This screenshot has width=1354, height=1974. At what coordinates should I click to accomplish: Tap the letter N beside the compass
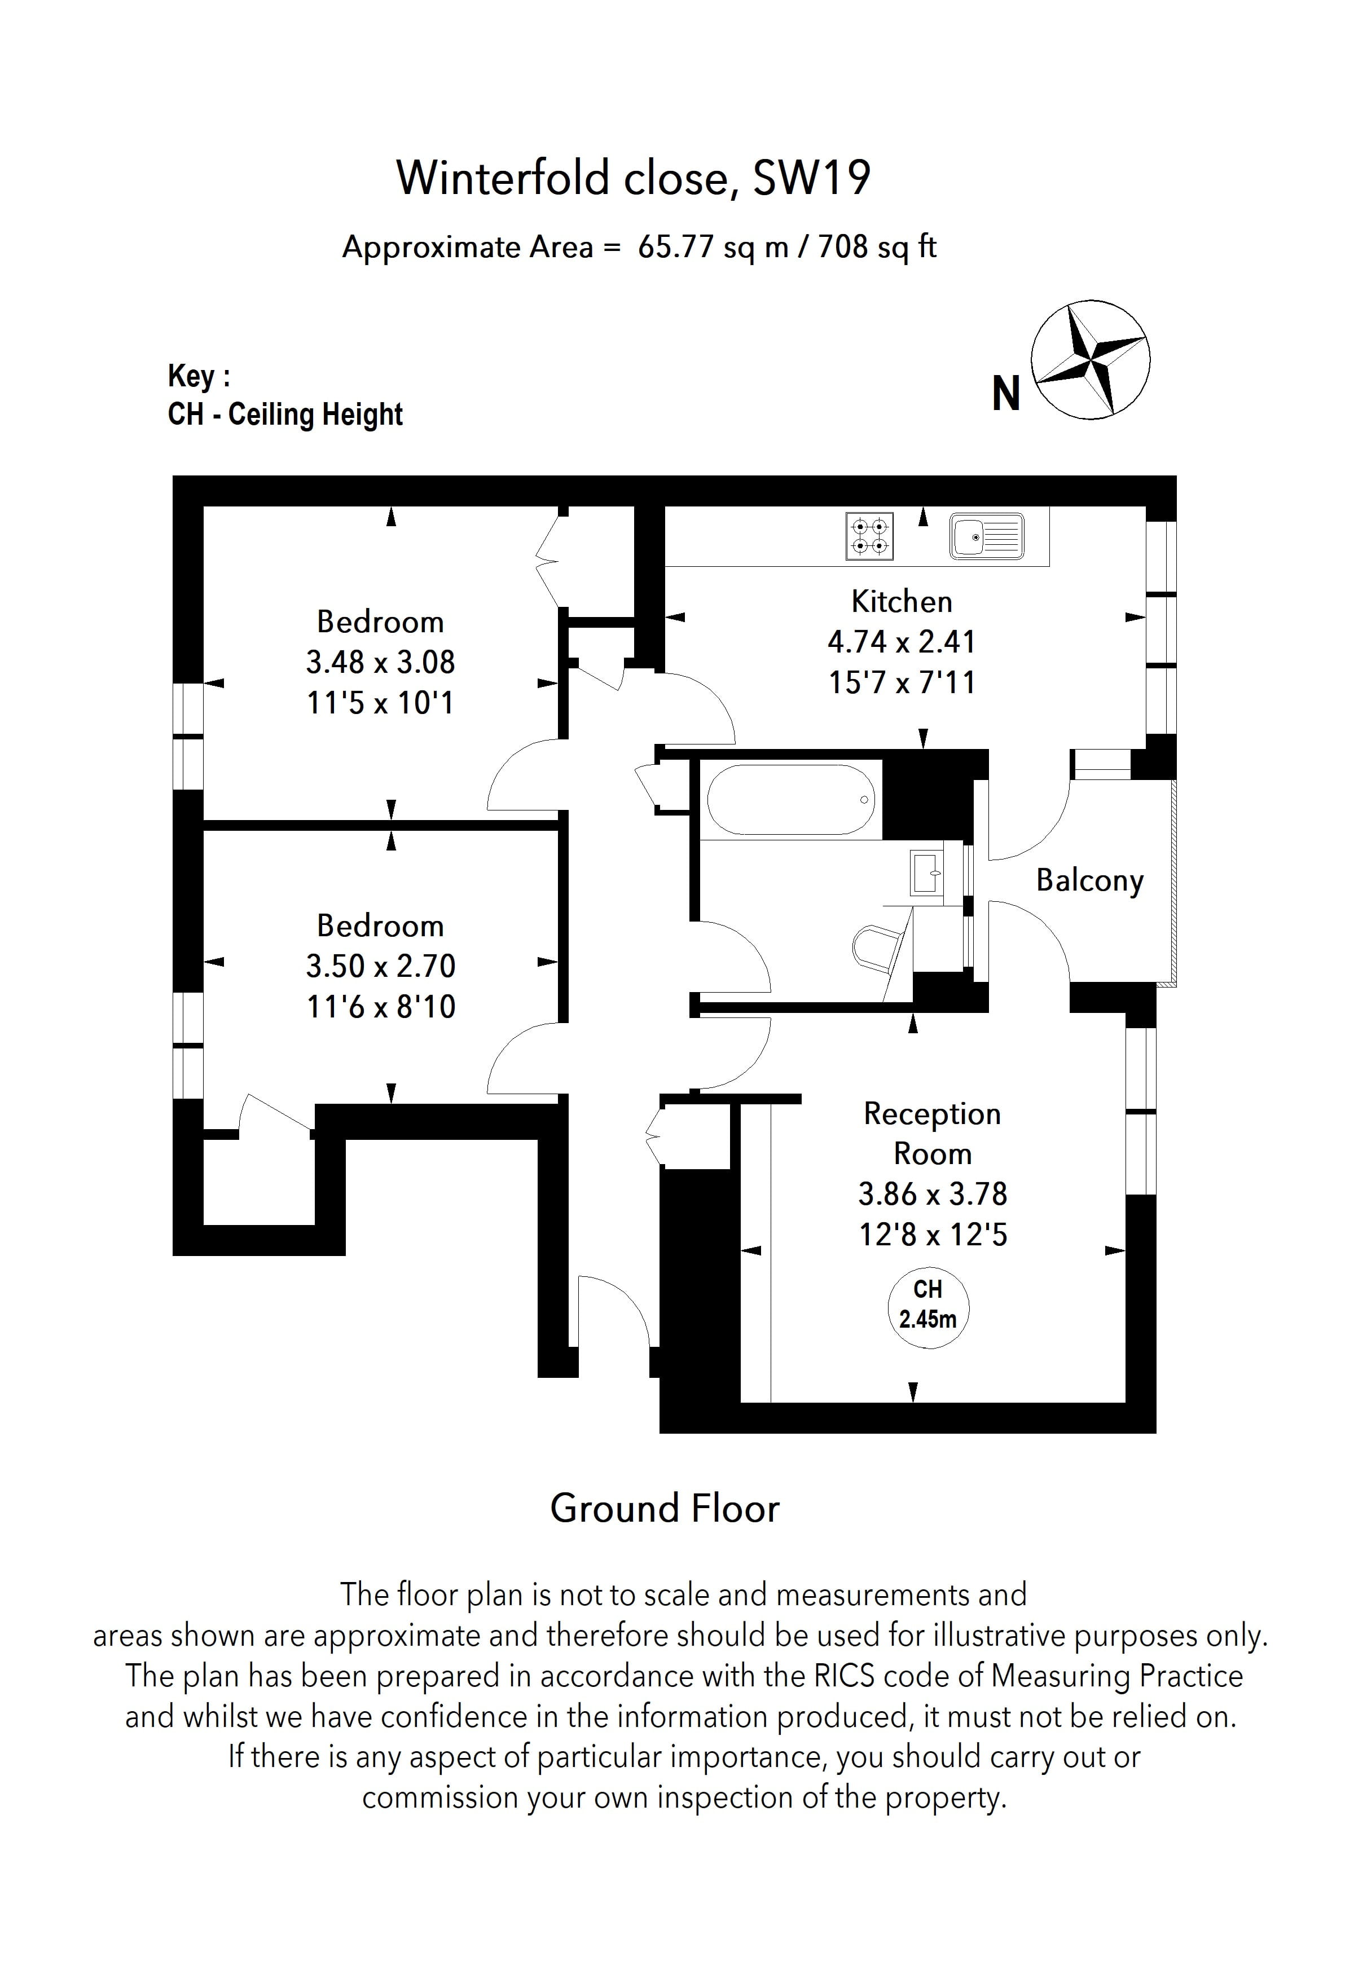coord(1006,394)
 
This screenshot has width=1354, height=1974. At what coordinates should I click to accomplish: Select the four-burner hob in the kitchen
coord(870,536)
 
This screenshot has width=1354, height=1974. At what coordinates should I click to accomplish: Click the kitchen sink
coord(987,536)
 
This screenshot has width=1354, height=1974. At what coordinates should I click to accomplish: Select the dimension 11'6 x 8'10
coord(381,1007)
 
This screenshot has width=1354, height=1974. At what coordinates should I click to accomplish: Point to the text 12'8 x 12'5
coord(933,1234)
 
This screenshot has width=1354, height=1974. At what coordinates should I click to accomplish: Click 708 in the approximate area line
coord(843,247)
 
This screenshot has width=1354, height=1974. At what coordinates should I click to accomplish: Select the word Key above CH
coord(191,376)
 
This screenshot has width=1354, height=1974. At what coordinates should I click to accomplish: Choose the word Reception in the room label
coord(932,1113)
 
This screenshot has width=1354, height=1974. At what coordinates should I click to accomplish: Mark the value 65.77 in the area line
coord(676,247)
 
